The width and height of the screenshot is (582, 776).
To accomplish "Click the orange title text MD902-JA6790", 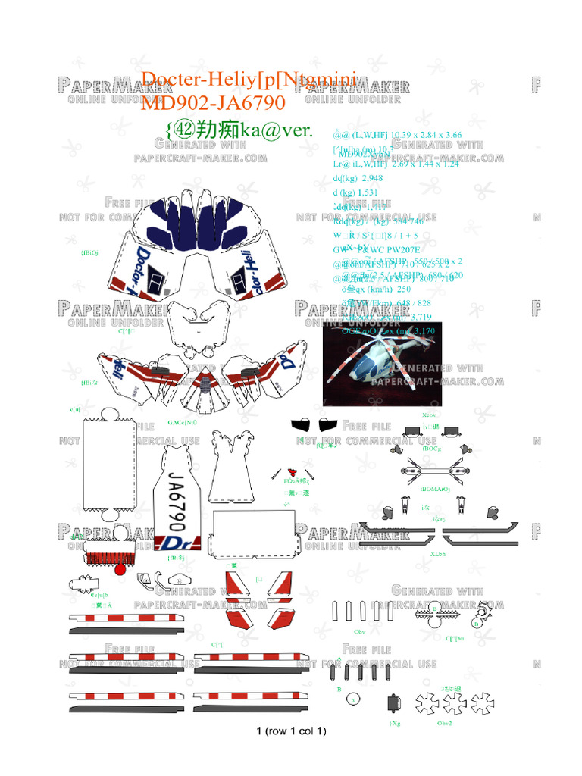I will click(x=213, y=102).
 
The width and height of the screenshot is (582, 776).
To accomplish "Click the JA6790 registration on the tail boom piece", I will click(x=176, y=501).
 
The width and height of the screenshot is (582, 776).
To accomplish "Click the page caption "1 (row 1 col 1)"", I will click(x=291, y=731).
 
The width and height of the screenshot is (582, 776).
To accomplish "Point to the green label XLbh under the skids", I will click(x=437, y=554).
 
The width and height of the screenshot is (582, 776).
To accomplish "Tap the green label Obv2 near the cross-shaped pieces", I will click(x=445, y=723).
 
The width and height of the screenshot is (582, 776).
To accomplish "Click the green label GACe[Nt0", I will click(x=182, y=422).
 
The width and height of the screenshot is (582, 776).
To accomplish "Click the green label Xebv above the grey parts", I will click(x=429, y=415).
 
